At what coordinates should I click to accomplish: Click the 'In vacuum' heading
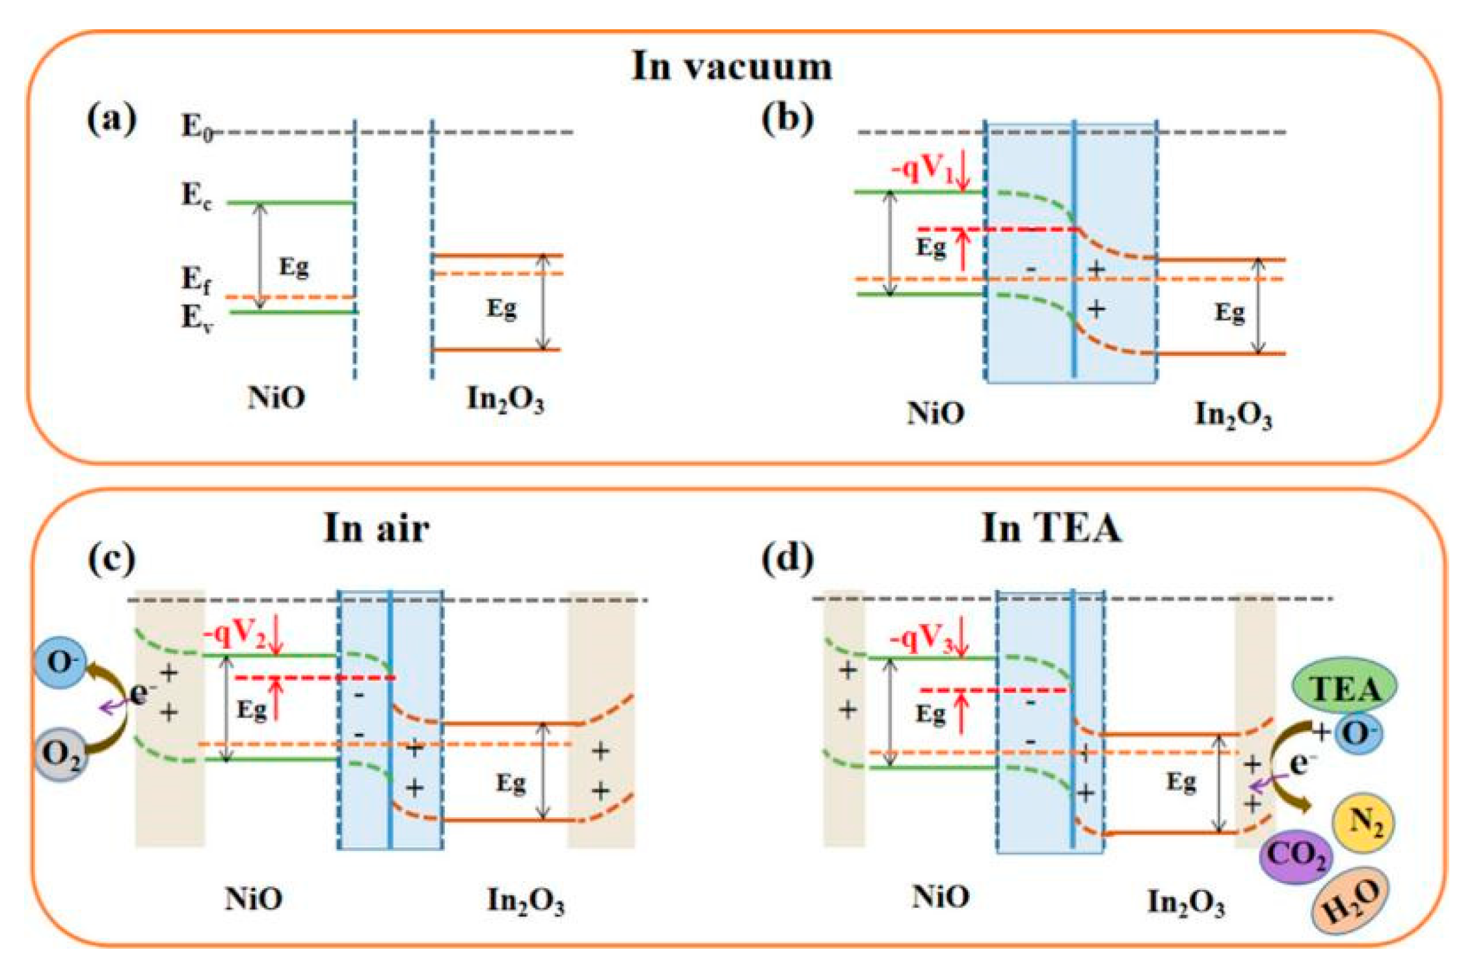point(732,66)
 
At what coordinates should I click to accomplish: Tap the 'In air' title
point(377,528)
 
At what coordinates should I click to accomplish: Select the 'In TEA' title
point(1051,528)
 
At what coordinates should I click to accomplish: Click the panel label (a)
point(111,120)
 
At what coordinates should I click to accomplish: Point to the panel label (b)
point(787,120)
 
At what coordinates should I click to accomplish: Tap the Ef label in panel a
point(196,280)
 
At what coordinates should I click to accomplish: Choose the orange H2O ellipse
point(1350,901)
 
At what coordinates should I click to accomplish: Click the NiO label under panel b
point(935,413)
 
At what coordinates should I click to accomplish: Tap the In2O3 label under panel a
point(505,399)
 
